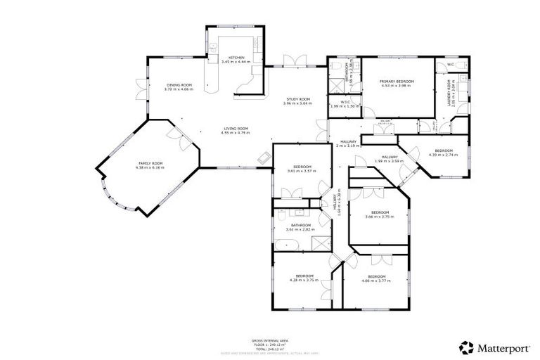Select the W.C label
point(450,65)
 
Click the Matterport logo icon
point(465,347)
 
